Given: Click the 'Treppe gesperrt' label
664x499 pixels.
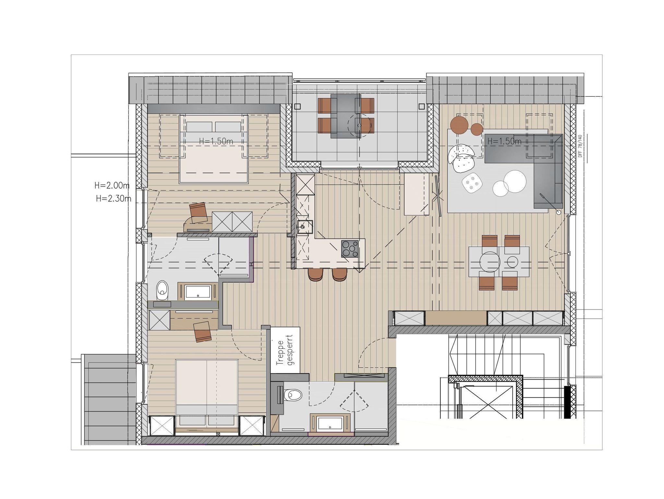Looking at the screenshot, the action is click(x=285, y=350).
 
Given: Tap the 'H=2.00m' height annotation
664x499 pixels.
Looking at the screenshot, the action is click(x=112, y=186).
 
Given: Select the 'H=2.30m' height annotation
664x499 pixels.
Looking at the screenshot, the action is click(x=113, y=199).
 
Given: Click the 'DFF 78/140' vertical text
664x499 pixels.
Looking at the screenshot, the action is click(x=580, y=146).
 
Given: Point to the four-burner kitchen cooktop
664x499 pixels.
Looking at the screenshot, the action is click(x=350, y=249).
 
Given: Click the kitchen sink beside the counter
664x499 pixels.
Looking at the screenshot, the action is click(x=305, y=227).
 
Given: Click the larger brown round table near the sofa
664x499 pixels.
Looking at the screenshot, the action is click(x=459, y=124).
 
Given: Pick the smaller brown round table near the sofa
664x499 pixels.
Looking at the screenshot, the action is click(x=477, y=129).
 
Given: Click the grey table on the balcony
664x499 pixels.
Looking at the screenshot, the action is click(x=346, y=116).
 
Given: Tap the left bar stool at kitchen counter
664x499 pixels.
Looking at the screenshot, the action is click(x=315, y=274).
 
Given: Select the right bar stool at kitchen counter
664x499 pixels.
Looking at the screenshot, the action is click(x=339, y=274).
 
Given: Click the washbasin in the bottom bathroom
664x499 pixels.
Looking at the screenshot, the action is click(x=331, y=423).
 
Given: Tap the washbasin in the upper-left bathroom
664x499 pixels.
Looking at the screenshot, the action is click(x=198, y=292).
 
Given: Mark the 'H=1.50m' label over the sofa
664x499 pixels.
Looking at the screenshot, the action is click(x=504, y=141).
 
